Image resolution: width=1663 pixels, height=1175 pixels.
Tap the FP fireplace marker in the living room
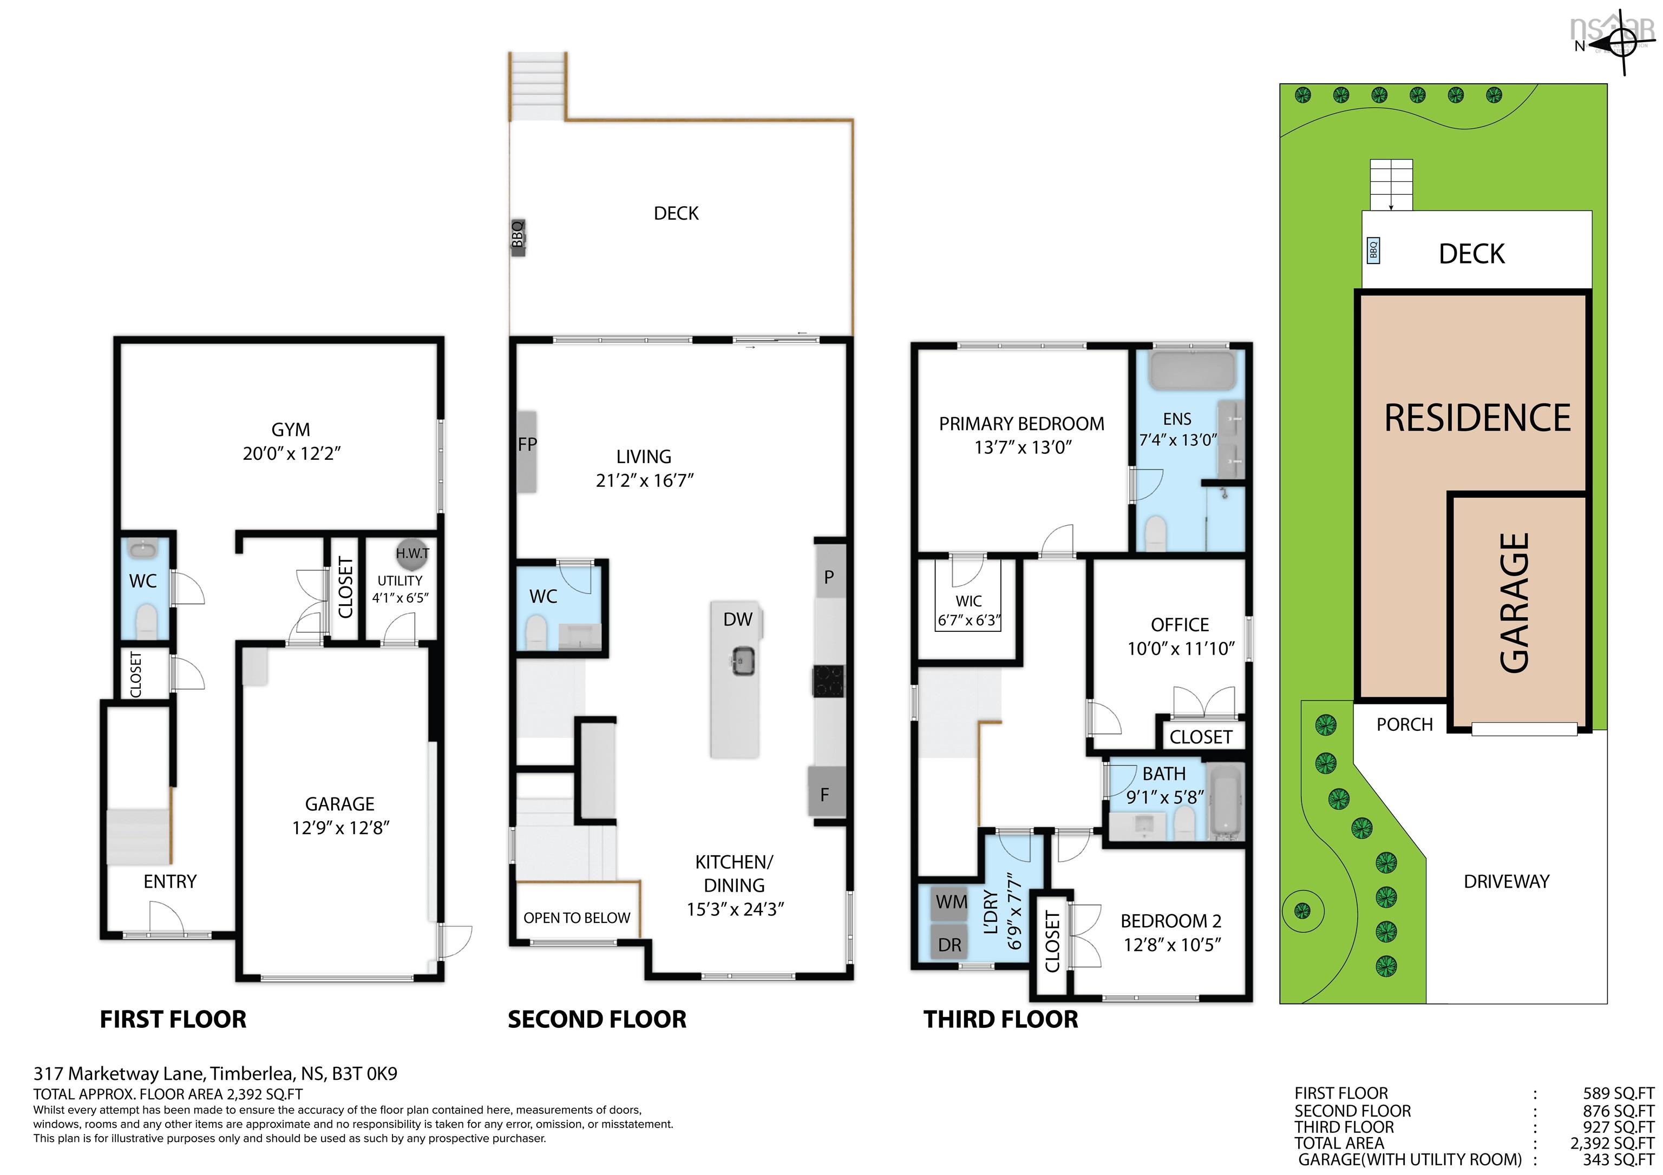527,451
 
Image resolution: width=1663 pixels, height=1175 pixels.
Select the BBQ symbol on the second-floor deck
517,235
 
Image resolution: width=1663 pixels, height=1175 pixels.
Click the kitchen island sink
742,661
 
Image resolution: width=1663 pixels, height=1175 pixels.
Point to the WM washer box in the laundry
950,902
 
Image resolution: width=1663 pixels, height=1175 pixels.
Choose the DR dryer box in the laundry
950,944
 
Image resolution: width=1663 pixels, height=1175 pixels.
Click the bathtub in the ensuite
1192,371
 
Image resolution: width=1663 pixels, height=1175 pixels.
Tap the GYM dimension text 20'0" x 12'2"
291,454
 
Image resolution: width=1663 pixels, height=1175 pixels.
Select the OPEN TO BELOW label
577,918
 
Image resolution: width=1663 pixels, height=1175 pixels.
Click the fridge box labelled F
826,794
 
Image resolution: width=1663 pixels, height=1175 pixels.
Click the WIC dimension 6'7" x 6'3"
968,620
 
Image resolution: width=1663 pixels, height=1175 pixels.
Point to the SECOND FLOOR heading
597,1019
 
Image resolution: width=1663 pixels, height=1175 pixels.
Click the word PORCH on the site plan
1404,725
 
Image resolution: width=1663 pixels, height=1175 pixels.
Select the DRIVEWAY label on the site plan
1506,881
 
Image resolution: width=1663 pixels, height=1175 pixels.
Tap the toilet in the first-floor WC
146,621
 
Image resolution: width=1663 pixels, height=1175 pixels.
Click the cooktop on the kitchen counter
829,681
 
